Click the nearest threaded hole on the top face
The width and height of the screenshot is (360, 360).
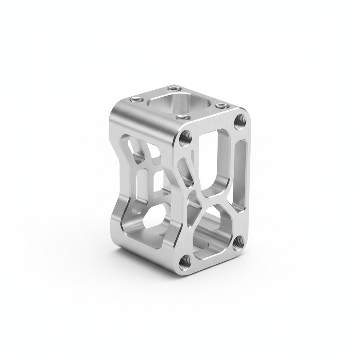click(182, 118)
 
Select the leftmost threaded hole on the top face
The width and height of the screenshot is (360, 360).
click(135, 100)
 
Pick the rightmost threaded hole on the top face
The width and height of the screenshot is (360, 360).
click(220, 105)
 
